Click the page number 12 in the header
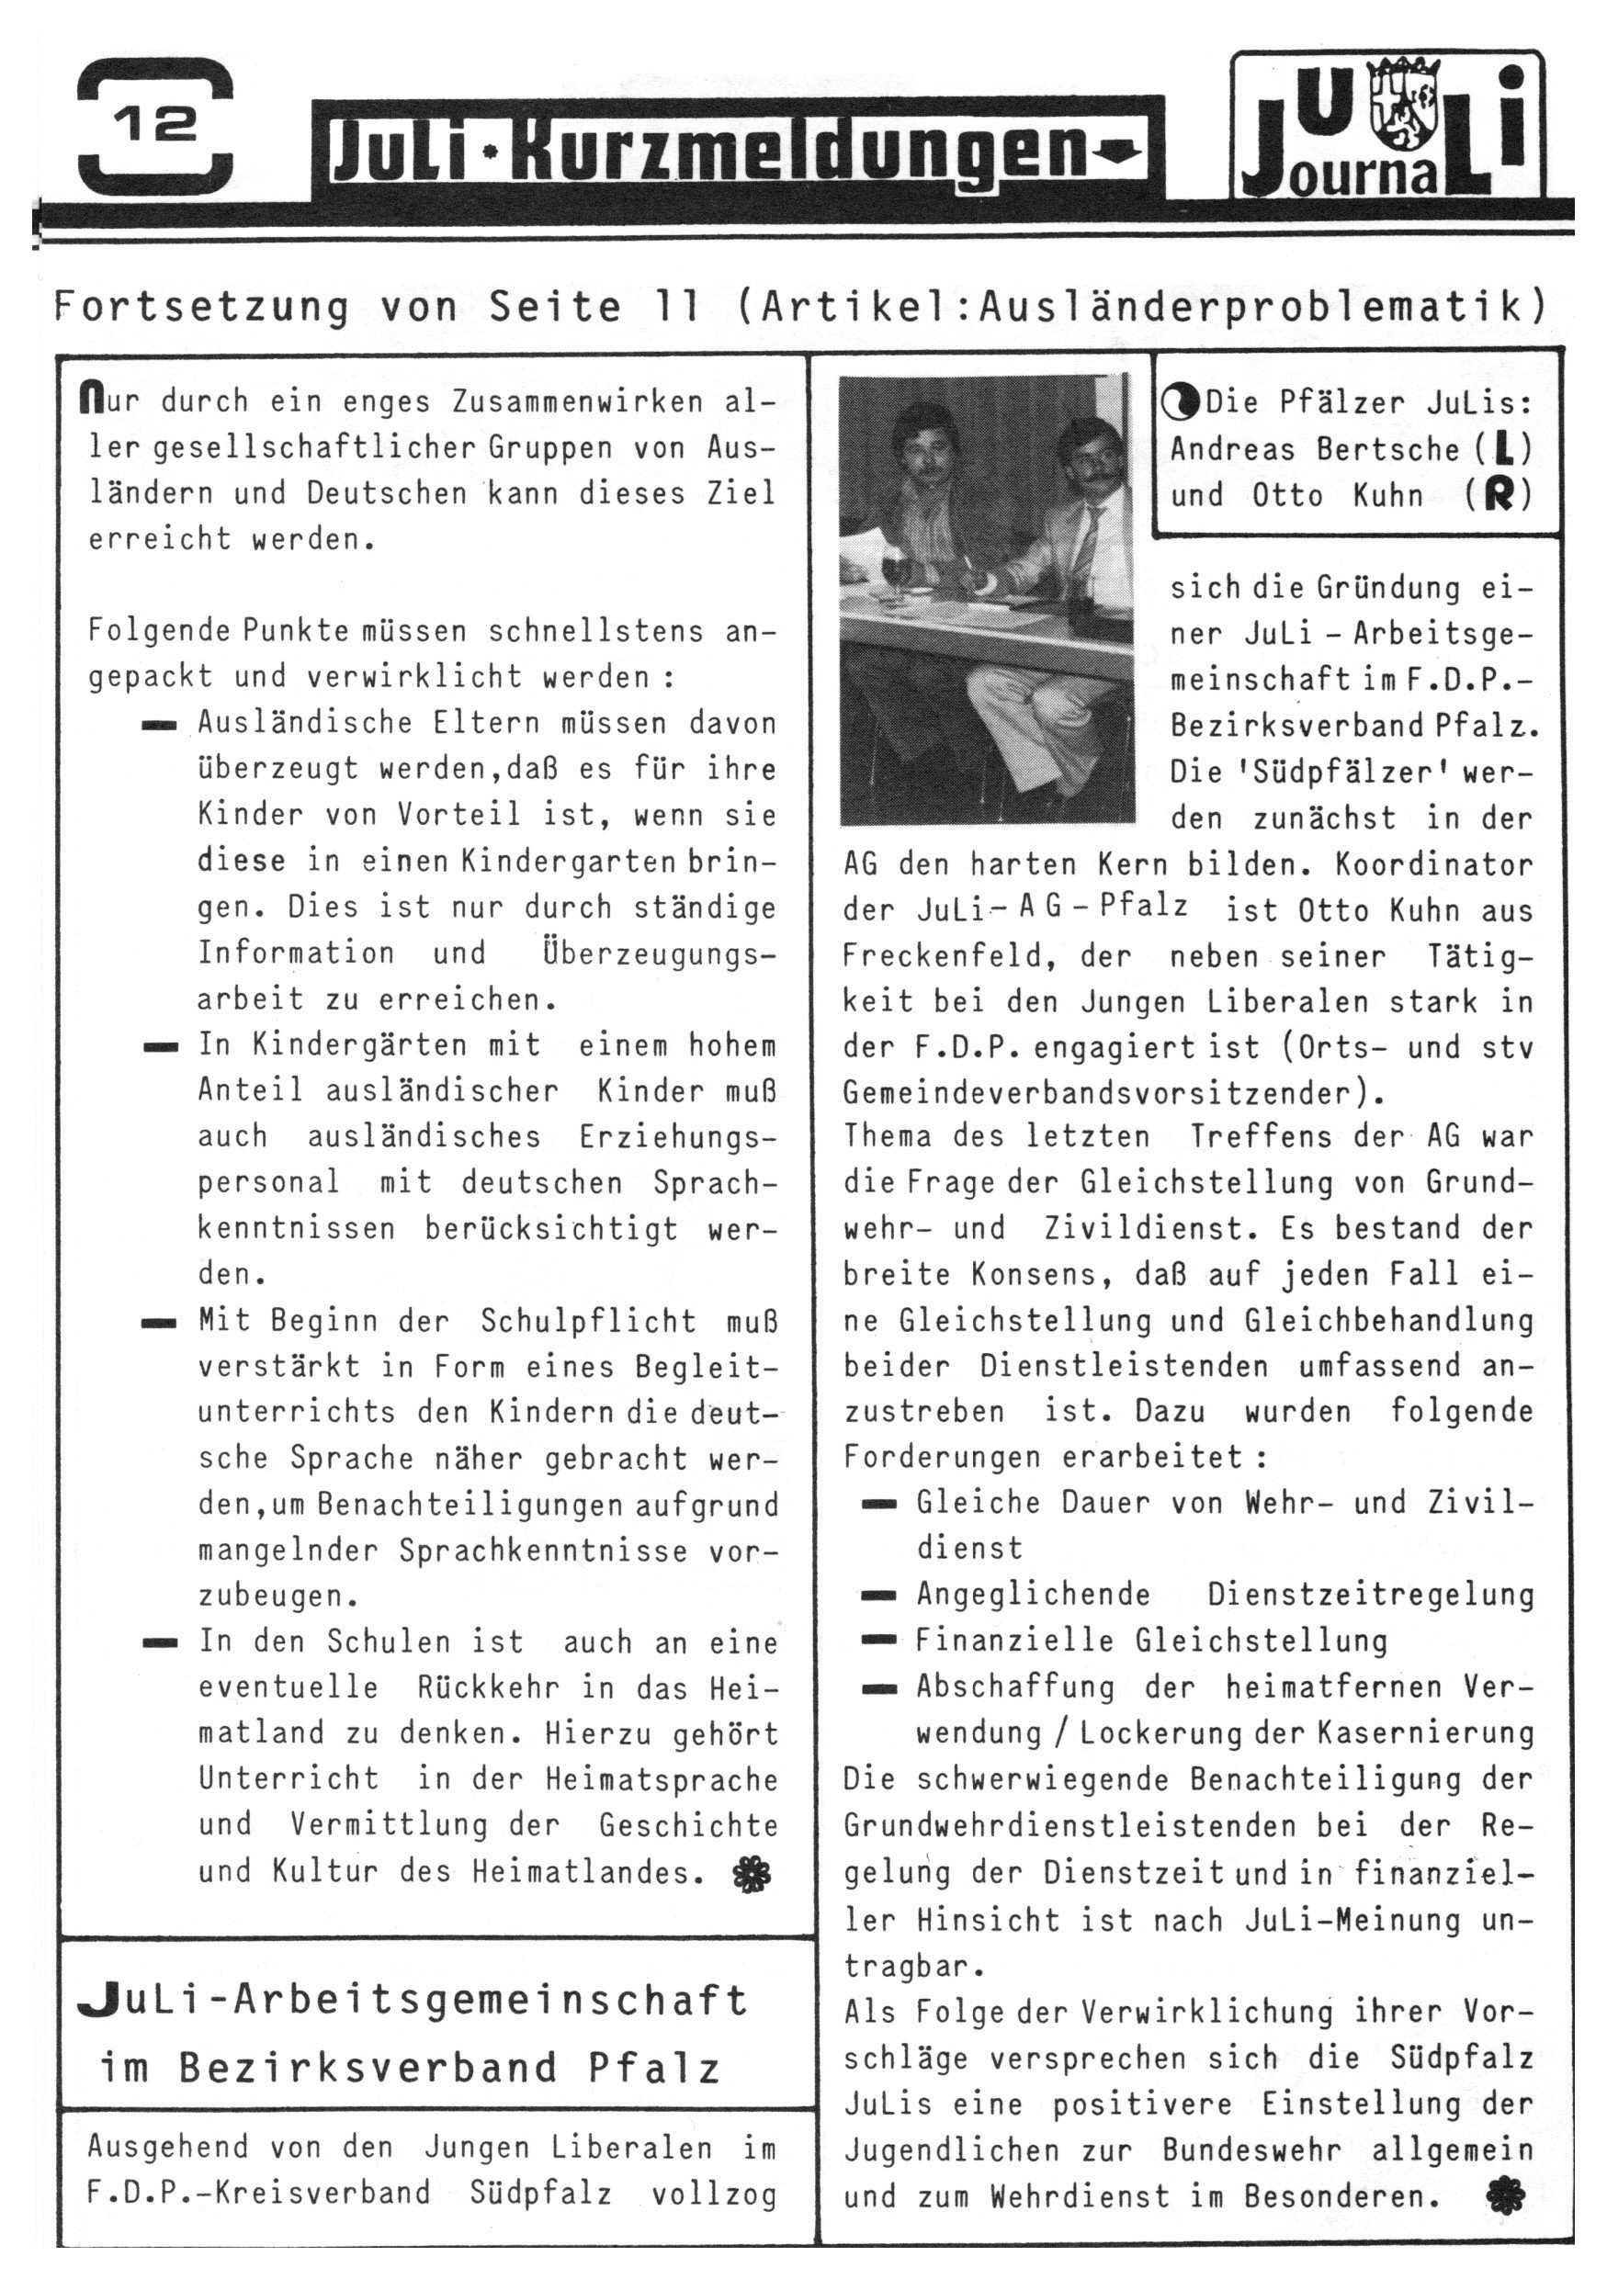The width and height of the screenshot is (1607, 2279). pos(155,126)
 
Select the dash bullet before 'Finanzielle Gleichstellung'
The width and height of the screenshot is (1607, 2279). pos(878,1641)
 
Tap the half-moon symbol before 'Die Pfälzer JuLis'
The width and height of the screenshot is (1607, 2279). pos(1179,403)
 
